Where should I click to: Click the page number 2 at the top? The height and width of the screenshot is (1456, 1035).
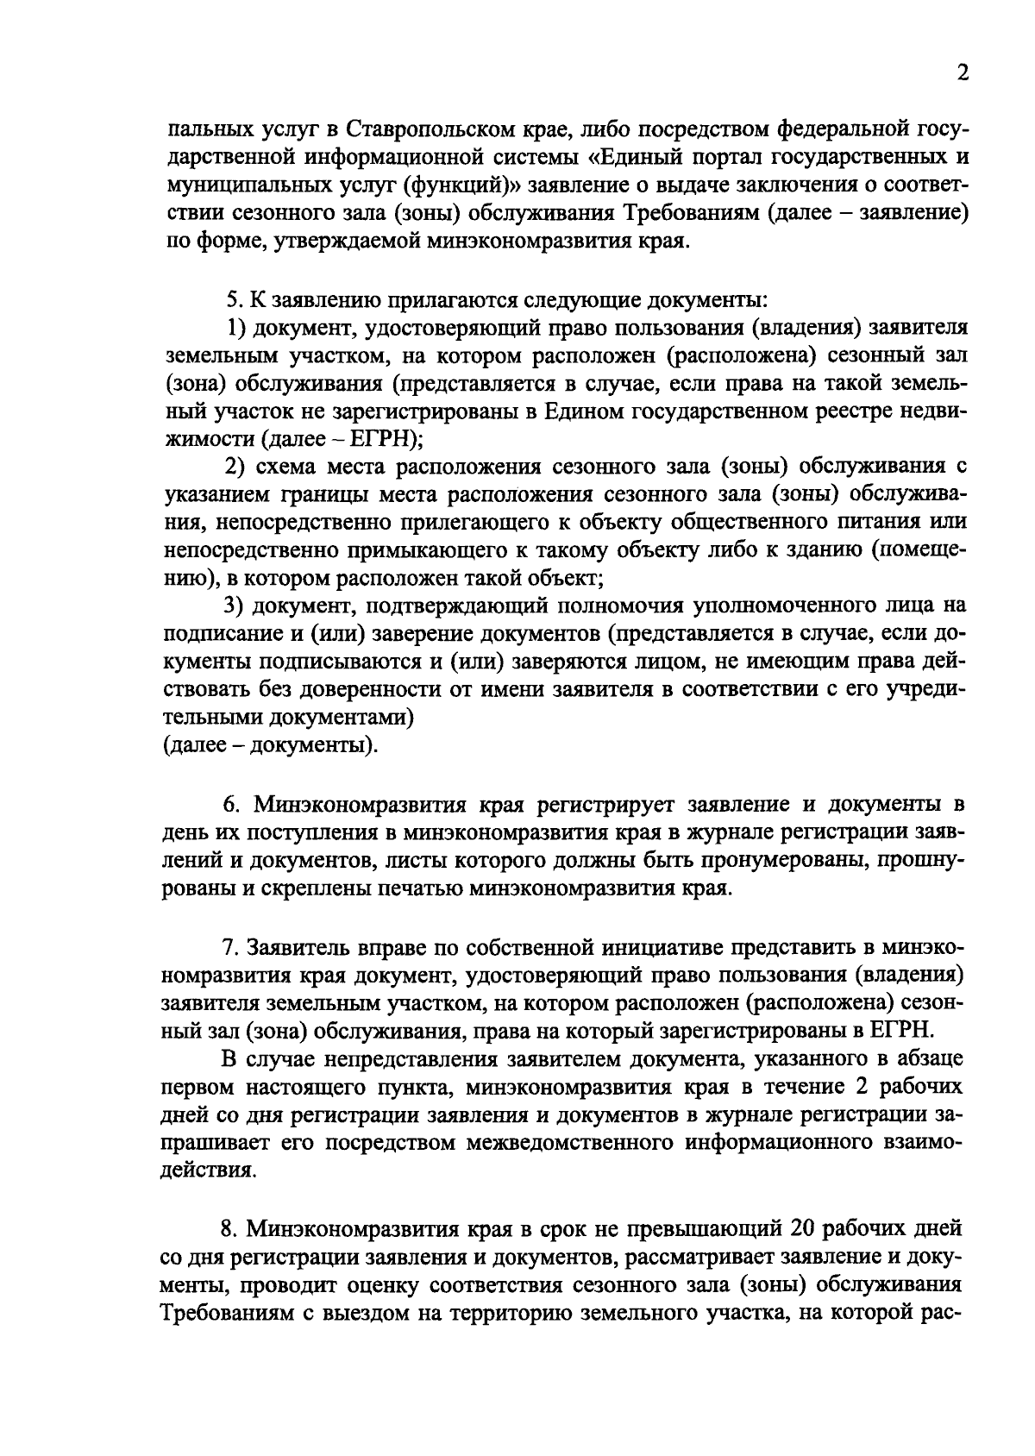963,73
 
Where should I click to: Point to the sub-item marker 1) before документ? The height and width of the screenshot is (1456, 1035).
237,328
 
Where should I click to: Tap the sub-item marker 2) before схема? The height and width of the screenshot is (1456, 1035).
237,467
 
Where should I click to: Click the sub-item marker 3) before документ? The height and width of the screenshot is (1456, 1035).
237,606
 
